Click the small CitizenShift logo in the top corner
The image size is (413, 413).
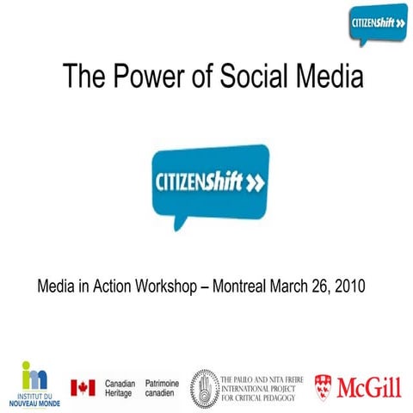pyautogui.click(x=378, y=23)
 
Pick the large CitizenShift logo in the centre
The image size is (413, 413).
pyautogui.click(x=209, y=182)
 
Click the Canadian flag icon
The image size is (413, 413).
pyautogui.click(x=83, y=387)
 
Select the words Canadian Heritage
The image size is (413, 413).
pyautogui.click(x=120, y=387)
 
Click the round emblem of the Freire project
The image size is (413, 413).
pyautogui.click(x=205, y=386)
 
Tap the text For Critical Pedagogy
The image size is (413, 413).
pyautogui.click(x=259, y=398)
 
